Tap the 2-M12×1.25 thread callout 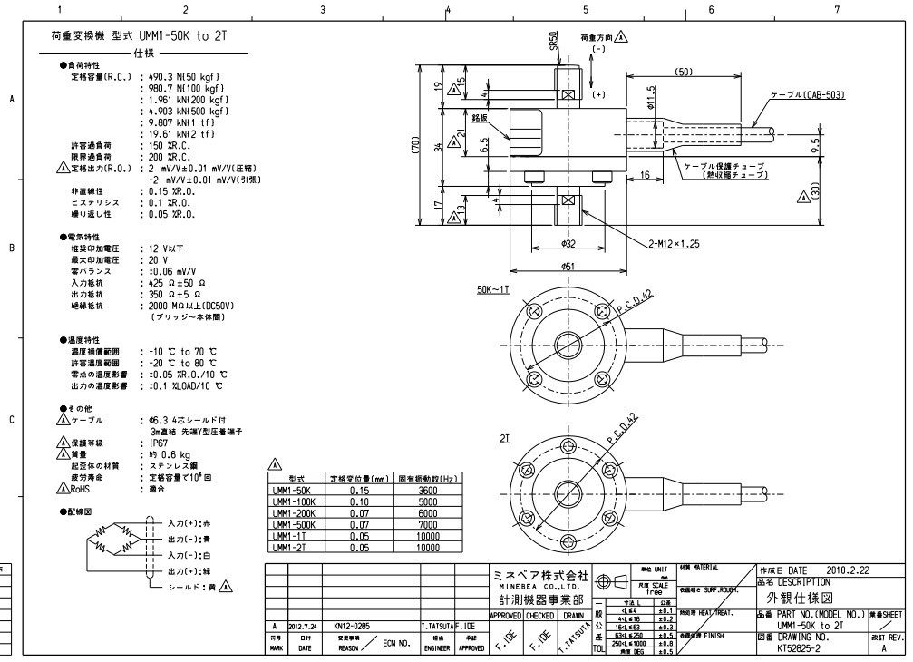(x=674, y=243)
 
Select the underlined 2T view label (x=505, y=437)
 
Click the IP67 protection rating (x=161, y=443)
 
